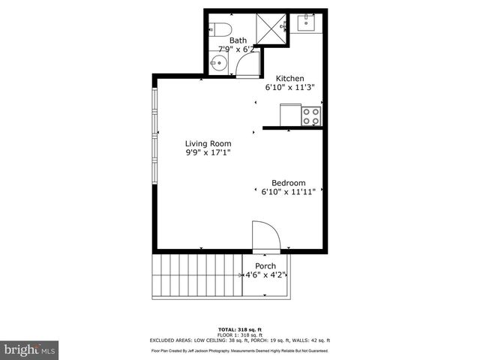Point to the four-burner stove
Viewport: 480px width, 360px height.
coord(311,115)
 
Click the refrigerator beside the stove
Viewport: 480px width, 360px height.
coord(290,115)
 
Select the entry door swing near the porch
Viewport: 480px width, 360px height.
coord(265,235)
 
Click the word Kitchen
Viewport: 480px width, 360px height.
coord(289,78)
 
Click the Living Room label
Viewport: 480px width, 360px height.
coord(208,143)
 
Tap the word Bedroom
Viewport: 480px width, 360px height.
coord(289,183)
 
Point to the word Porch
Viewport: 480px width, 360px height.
coord(265,266)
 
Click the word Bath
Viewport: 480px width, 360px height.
coord(238,40)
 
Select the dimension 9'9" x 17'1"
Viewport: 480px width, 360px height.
coord(208,153)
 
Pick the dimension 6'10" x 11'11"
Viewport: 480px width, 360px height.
coord(289,193)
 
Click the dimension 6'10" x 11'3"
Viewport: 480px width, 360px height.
coord(289,87)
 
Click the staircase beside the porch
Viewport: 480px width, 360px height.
coord(197,276)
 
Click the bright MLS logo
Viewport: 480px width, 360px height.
coord(29,350)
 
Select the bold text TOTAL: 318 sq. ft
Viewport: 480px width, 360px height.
coord(239,329)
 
